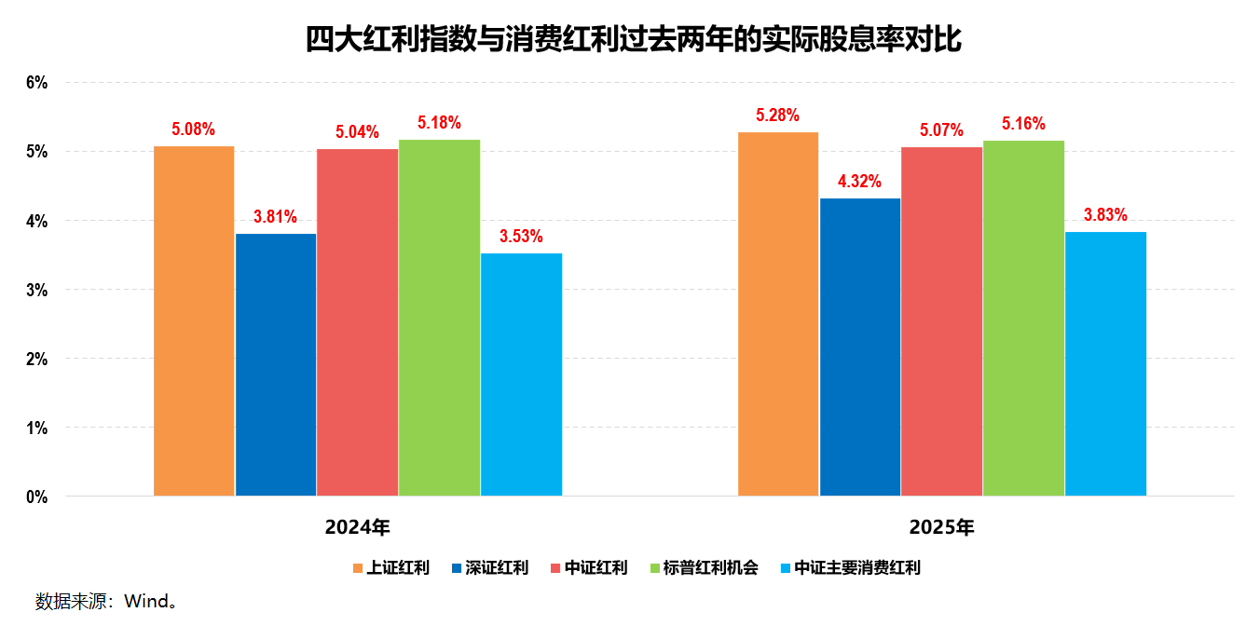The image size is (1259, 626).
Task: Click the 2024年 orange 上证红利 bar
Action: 194,320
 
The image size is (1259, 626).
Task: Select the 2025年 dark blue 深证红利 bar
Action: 859,347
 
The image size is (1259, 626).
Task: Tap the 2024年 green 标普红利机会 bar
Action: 439,317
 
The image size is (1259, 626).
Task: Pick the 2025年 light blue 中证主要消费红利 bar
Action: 1105,363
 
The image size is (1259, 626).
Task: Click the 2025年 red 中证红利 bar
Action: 941,320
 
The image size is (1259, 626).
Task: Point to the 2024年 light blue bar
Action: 521,374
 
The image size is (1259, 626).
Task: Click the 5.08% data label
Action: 194,129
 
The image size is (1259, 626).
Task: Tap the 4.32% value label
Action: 859,181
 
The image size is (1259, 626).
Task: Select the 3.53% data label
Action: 521,236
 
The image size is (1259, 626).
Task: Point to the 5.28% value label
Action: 778,116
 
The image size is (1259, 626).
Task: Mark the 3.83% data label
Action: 1105,214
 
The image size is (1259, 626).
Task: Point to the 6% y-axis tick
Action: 36,83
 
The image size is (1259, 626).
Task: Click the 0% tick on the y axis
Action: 36,497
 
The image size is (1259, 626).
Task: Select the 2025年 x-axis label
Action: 942,527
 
